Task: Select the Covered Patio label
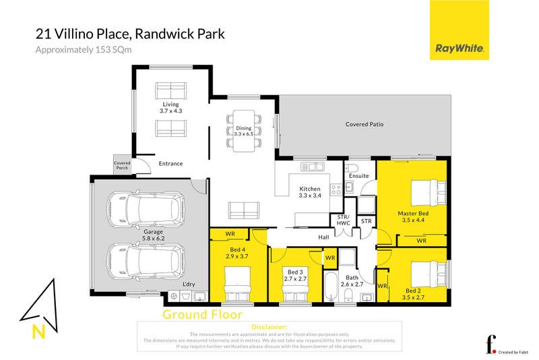(x=364, y=124)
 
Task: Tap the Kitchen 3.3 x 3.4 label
(x=311, y=192)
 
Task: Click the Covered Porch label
(x=122, y=165)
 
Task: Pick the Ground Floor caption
(x=202, y=314)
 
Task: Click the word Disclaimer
(x=268, y=326)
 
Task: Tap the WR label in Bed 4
(x=230, y=233)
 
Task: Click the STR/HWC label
(x=343, y=220)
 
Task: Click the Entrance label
(x=170, y=163)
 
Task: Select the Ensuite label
(x=359, y=176)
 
